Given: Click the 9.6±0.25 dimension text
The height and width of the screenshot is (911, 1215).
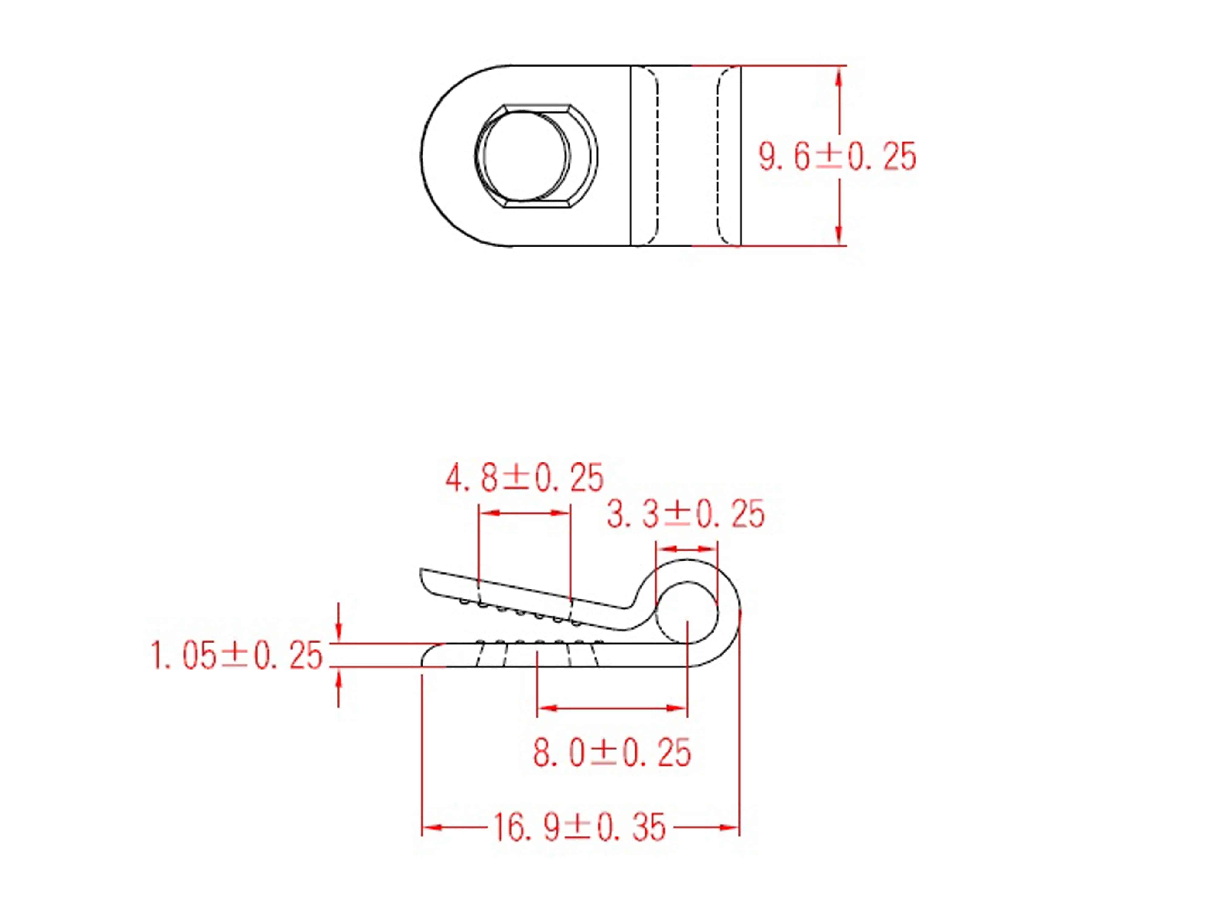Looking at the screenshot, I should point(837,156).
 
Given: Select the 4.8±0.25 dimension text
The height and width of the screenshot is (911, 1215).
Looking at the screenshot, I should point(524,478).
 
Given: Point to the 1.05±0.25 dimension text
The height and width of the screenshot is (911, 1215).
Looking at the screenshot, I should point(236,656).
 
